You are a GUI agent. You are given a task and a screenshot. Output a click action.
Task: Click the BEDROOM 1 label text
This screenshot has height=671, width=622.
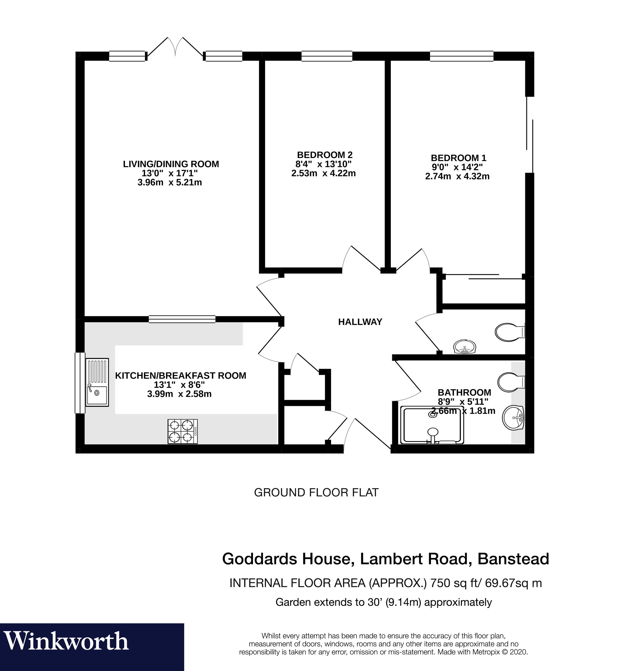pyautogui.click(x=458, y=158)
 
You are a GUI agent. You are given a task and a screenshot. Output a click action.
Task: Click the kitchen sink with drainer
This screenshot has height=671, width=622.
pyautogui.click(x=97, y=382)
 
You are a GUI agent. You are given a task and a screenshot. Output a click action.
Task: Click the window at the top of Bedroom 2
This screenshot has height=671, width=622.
pyautogui.click(x=326, y=56)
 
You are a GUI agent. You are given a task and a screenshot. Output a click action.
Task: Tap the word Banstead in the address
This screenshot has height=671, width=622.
pyautogui.click(x=513, y=559)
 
